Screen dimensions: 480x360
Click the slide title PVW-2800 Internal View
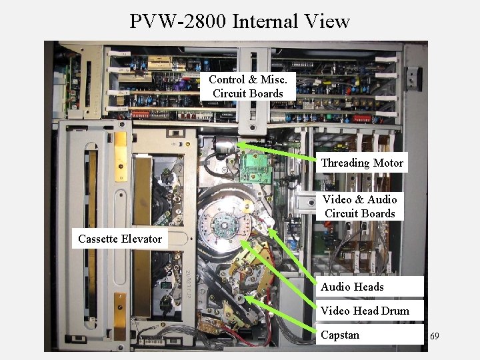239,21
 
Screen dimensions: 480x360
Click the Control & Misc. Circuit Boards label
248,87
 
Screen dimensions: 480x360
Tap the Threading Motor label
362,163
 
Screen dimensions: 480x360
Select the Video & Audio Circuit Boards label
359,206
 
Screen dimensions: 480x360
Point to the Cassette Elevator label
120,239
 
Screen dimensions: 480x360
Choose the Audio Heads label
352,287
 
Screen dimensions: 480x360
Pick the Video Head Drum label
365,311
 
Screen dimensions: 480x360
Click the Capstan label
340,335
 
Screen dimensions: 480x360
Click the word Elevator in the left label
141,239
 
